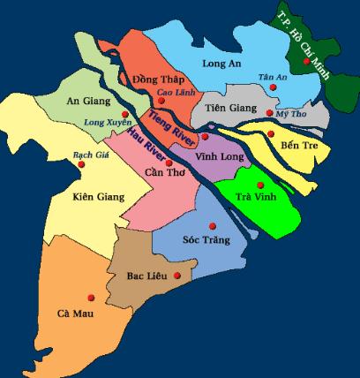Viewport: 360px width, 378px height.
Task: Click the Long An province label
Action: pyautogui.click(x=221, y=64)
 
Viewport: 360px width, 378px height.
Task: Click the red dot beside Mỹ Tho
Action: pyautogui.click(x=269, y=112)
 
